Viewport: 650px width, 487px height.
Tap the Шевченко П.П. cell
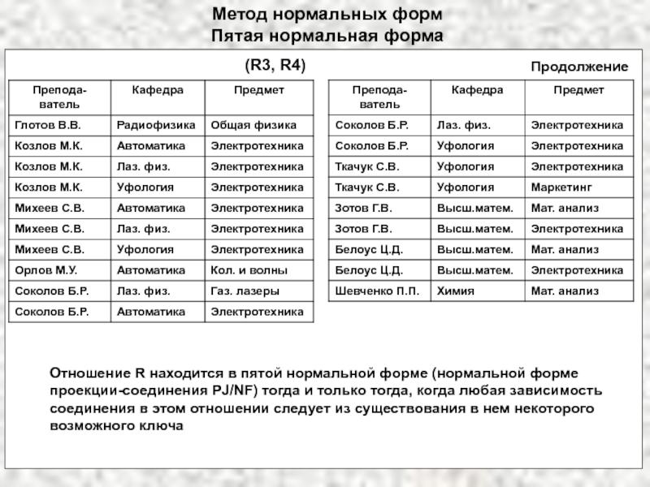(378, 290)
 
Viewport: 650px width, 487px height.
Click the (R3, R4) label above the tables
(275, 64)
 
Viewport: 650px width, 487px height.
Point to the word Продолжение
(579, 67)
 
